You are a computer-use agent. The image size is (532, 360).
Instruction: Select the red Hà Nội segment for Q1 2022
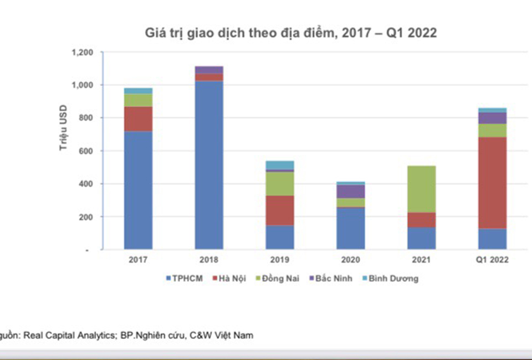(x=492, y=183)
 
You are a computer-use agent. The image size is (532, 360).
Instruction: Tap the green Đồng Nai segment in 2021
(x=421, y=189)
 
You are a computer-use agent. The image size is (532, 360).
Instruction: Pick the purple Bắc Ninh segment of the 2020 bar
(x=351, y=191)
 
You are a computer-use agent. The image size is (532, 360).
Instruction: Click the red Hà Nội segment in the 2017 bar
(x=138, y=119)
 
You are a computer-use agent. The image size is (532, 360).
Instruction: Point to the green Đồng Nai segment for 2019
(x=280, y=183)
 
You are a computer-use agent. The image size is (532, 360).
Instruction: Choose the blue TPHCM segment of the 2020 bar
(x=351, y=228)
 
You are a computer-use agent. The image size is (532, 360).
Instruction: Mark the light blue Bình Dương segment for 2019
(x=280, y=165)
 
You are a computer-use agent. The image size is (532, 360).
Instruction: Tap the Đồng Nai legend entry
(x=281, y=279)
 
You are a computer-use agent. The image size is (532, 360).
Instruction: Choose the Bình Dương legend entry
(x=389, y=279)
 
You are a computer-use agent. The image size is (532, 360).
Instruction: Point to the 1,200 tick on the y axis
(x=82, y=53)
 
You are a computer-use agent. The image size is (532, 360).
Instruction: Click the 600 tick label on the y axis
(x=86, y=151)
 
